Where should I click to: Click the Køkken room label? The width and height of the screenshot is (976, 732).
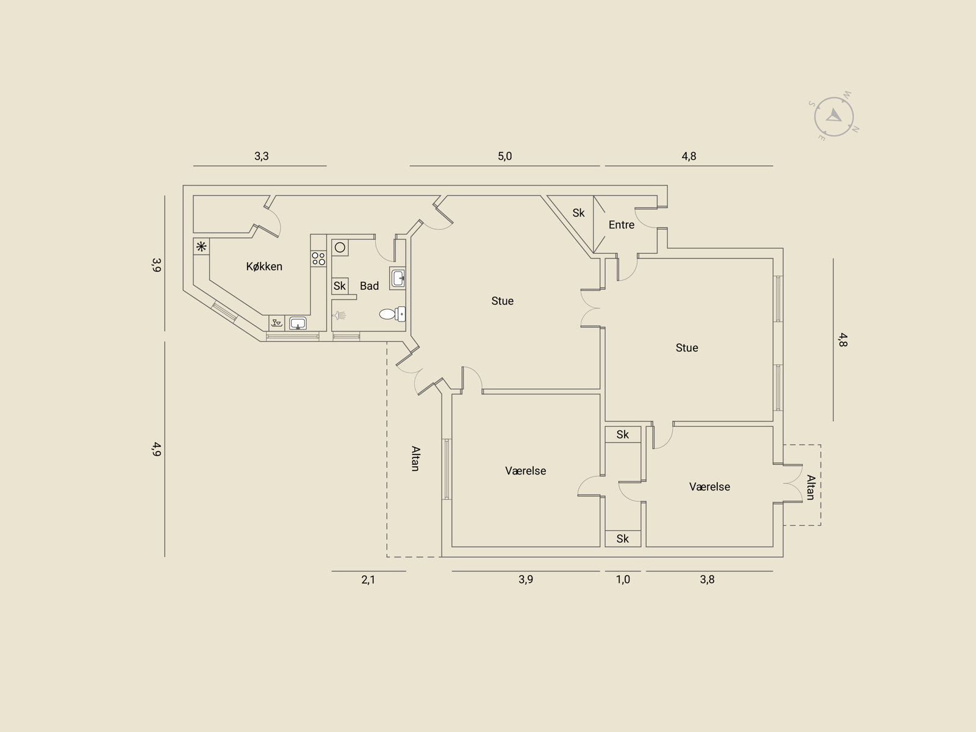coord(264,266)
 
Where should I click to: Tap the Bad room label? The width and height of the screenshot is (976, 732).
coord(369,285)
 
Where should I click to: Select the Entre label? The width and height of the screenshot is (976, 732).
coord(621,225)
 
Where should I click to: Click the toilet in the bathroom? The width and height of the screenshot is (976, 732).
coord(392,314)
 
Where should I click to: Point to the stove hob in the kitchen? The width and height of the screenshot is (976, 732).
coord(318,258)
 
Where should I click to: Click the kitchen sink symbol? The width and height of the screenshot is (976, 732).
coord(298,323)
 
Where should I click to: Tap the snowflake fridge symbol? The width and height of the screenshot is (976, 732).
coord(201,246)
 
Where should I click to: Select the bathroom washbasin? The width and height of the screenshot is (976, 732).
coord(398,278)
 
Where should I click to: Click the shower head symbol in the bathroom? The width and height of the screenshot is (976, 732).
coord(339,315)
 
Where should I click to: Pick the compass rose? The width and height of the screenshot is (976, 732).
coord(834,117)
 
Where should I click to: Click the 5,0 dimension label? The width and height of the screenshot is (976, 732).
coord(504,156)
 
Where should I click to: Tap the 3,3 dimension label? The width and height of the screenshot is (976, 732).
coord(262,156)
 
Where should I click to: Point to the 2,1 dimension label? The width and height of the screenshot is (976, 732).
coord(368,579)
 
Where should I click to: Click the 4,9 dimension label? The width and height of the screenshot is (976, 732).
coord(156,449)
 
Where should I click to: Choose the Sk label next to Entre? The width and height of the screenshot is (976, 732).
coord(578,213)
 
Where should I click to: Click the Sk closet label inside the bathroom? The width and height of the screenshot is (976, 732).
coord(340,285)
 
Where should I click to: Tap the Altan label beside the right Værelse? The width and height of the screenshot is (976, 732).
coord(811,487)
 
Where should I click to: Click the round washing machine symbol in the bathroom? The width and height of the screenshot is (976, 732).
coord(340,248)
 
